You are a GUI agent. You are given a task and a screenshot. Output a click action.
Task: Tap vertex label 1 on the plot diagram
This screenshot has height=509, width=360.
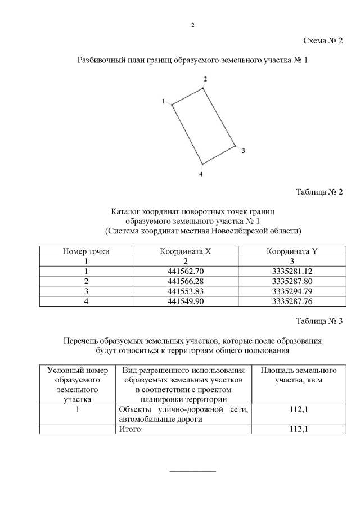pos(164,101)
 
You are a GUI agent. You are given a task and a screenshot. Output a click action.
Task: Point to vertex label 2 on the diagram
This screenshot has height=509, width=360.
pos(205,79)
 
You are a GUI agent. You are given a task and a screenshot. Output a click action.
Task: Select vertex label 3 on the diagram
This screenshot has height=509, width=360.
pos(242,151)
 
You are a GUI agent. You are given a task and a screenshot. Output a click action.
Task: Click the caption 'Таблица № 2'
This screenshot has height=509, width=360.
pos(319,192)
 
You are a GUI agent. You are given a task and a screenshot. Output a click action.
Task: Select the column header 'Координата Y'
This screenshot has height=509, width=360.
pos(291,251)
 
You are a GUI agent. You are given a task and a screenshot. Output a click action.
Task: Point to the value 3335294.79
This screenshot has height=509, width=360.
pos(291,291)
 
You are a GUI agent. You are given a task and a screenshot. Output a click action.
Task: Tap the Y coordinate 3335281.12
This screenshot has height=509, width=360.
pos(291,272)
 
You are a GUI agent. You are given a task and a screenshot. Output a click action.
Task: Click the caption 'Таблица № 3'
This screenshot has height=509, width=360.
pos(319,321)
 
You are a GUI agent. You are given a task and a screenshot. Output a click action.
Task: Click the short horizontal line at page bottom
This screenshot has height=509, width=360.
pos(193,471)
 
